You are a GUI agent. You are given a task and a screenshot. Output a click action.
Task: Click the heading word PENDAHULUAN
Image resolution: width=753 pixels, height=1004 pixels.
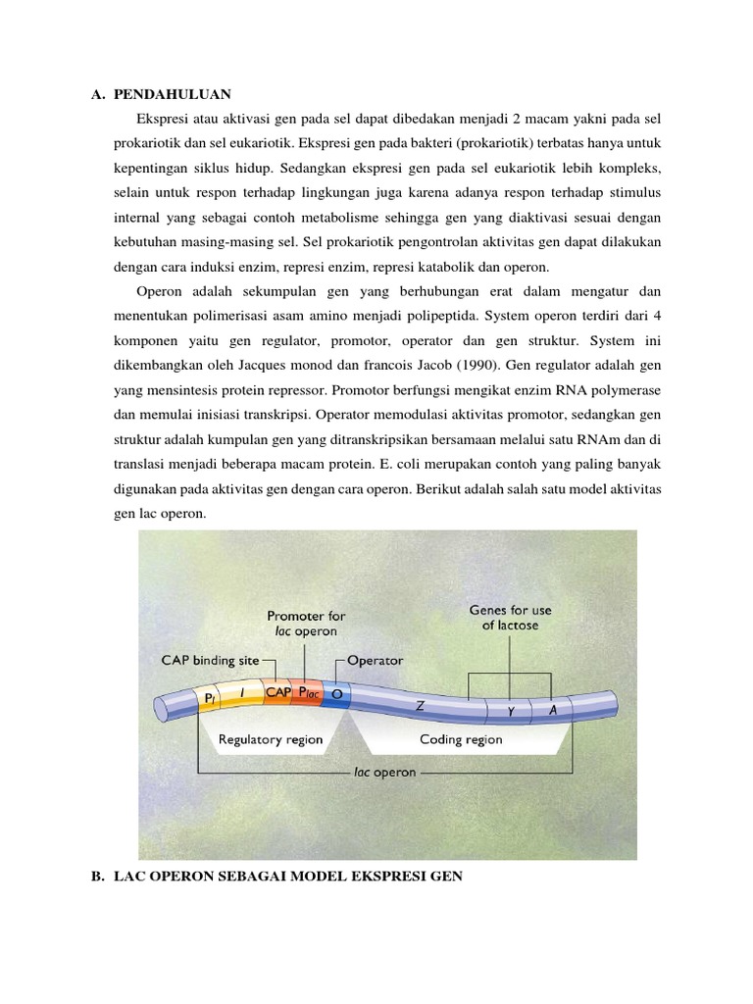click(x=172, y=94)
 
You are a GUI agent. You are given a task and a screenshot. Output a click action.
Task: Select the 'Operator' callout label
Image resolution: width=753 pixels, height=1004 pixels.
click(x=375, y=660)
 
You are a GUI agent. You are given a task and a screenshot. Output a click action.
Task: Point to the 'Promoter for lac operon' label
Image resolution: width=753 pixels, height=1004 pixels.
click(x=307, y=624)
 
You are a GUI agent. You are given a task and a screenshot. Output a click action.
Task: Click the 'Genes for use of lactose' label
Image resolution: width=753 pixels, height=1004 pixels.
click(x=510, y=617)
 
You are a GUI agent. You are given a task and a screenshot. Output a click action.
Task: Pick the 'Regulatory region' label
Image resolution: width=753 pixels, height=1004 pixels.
click(x=270, y=739)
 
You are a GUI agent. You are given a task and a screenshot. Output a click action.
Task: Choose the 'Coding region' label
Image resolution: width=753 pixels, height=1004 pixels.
click(x=461, y=739)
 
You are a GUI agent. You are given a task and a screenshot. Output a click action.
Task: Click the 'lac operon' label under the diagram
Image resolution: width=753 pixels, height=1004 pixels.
click(x=384, y=772)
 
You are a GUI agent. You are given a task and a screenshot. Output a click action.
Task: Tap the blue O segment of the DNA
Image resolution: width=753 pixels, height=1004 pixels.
click(x=337, y=694)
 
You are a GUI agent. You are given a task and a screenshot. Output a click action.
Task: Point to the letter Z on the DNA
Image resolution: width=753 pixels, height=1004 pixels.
click(x=420, y=704)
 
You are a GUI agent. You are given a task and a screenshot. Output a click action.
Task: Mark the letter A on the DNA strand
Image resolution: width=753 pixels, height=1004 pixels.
click(x=554, y=709)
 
